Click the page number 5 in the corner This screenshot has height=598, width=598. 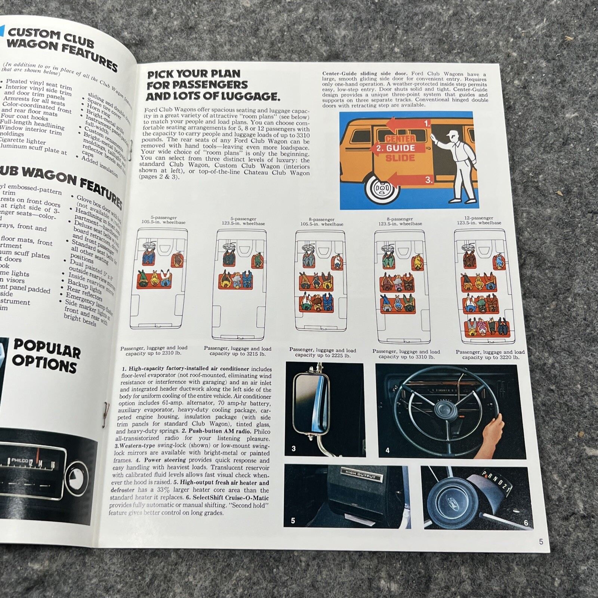[541, 542]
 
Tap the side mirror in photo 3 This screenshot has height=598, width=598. [311, 404]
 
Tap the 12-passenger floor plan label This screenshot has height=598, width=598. [479, 220]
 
